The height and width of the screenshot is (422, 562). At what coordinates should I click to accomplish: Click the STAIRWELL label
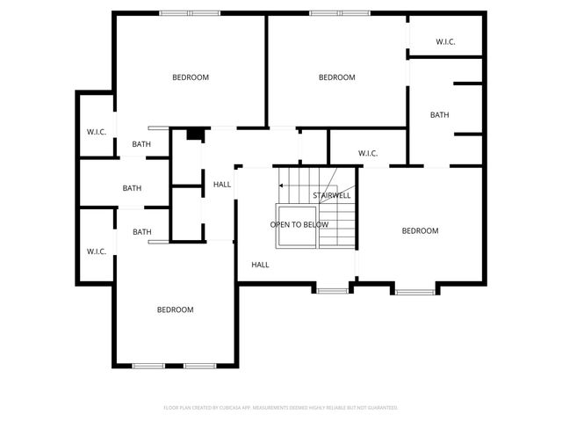pyautogui.click(x=331, y=195)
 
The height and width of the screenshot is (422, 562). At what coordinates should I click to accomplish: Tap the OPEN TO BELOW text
pyautogui.click(x=299, y=224)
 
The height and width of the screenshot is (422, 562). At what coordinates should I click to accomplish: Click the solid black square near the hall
pyautogui.click(x=195, y=135)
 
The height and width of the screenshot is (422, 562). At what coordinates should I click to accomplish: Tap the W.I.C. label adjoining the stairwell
pyautogui.click(x=368, y=154)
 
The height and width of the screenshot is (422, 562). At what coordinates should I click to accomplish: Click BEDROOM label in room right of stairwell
pyautogui.click(x=420, y=230)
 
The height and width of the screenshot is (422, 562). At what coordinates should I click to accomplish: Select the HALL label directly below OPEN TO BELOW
pyautogui.click(x=260, y=265)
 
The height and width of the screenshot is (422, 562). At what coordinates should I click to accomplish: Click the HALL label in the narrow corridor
pyautogui.click(x=222, y=184)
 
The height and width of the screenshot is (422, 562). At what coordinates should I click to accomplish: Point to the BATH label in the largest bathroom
pyautogui.click(x=439, y=115)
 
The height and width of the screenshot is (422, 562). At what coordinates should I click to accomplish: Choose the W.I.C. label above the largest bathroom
pyautogui.click(x=445, y=42)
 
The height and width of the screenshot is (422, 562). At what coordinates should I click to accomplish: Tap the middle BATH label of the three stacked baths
pyautogui.click(x=132, y=188)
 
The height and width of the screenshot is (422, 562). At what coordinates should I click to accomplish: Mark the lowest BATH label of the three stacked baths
pyautogui.click(x=141, y=232)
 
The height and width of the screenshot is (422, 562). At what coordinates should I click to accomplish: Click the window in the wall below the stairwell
pyautogui.click(x=332, y=289)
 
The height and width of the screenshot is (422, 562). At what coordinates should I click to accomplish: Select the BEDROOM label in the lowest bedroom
pyautogui.click(x=175, y=309)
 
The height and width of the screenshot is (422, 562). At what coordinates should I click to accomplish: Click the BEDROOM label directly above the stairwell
pyautogui.click(x=336, y=77)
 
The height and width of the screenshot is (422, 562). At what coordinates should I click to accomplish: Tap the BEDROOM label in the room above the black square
pyautogui.click(x=191, y=77)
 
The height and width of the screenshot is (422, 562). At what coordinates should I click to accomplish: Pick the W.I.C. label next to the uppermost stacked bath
pyautogui.click(x=96, y=132)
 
